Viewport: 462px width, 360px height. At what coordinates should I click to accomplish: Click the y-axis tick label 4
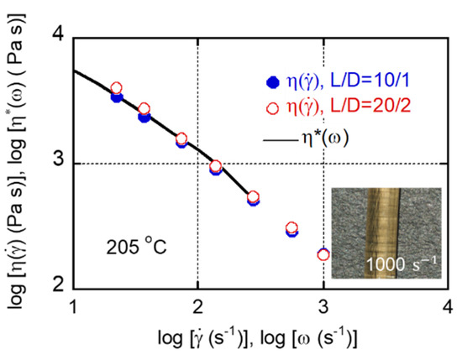click(59, 39)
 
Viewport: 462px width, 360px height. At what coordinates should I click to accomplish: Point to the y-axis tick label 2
click(59, 284)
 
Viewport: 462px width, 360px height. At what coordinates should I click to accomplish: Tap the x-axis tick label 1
click(73, 307)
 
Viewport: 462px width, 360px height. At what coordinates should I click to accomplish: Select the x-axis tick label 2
click(197, 307)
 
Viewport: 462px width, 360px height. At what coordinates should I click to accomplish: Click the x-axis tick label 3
click(323, 307)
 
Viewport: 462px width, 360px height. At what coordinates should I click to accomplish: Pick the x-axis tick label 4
click(448, 307)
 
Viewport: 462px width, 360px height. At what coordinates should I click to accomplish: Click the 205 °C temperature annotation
click(136, 247)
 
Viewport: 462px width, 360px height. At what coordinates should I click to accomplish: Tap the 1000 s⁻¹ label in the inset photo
click(402, 263)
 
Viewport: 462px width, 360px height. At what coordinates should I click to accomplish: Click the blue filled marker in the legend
click(272, 82)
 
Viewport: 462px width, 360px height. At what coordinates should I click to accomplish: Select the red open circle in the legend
click(272, 108)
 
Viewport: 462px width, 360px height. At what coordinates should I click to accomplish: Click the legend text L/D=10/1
click(370, 81)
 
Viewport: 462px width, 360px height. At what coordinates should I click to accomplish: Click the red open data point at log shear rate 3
click(323, 254)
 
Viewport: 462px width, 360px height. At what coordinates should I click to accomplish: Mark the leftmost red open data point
click(117, 87)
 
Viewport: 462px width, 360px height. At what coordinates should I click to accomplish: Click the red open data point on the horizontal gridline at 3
click(216, 166)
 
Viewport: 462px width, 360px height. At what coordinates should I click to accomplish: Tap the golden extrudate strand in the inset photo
click(382, 232)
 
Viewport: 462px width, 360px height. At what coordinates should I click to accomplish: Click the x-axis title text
click(258, 338)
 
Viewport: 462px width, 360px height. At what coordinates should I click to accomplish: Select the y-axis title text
click(18, 161)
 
